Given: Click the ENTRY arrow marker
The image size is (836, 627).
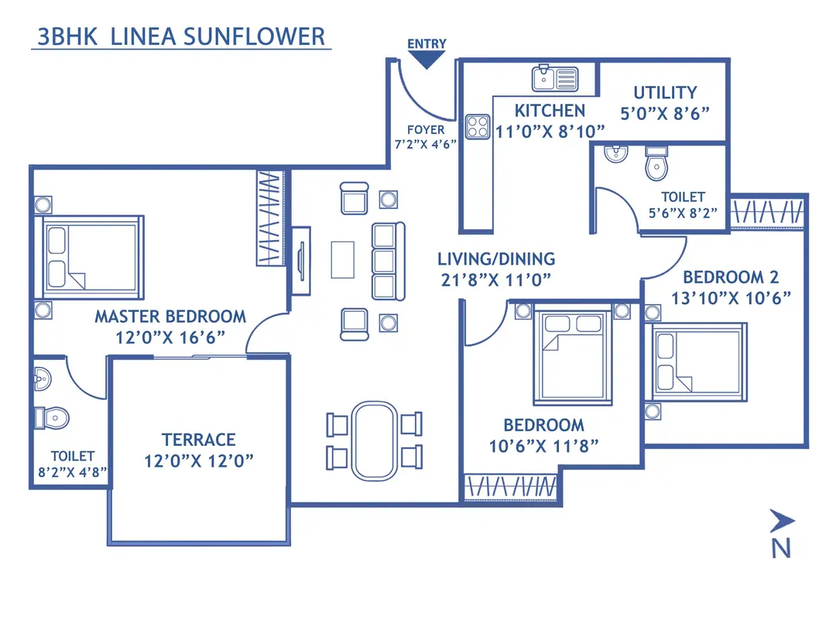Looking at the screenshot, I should (427, 59).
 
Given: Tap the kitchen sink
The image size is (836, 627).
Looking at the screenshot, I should (554, 78).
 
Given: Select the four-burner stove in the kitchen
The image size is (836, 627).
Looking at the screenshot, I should (478, 127).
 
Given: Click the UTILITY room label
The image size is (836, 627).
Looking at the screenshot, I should (664, 92).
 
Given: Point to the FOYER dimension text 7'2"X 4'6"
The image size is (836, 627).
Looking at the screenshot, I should (426, 143).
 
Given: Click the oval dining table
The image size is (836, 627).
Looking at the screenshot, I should (374, 440).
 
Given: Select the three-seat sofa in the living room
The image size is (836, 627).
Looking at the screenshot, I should (388, 260).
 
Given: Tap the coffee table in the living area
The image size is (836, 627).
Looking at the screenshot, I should (343, 259).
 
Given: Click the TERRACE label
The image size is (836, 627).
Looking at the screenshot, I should (199, 440).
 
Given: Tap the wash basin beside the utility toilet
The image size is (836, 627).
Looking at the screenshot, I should (615, 152).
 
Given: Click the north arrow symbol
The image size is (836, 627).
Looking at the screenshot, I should (782, 521).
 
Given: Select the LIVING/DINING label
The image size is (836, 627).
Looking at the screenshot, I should (495, 259).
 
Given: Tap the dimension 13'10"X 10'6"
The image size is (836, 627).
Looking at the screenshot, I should (730, 298).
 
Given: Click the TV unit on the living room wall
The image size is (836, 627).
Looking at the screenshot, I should (300, 262).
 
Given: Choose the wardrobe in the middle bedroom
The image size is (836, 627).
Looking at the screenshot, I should (510, 488).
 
